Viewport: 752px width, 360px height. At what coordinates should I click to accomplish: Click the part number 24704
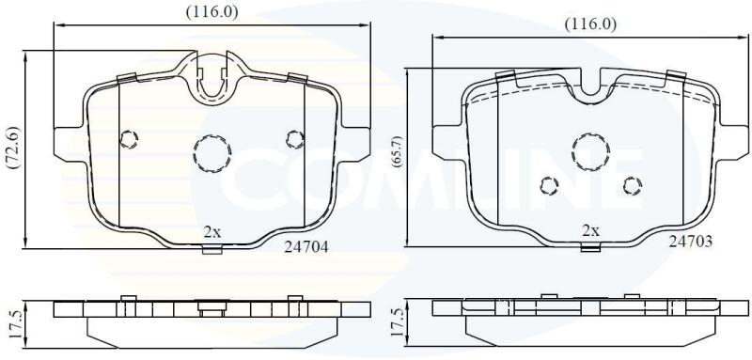(306, 247)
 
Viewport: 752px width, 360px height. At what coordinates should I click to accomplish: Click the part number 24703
(691, 242)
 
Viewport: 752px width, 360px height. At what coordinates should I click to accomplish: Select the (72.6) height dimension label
(14, 149)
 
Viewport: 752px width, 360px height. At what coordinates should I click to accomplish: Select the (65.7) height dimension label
(397, 151)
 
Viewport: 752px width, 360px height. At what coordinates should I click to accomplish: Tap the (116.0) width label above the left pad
(212, 12)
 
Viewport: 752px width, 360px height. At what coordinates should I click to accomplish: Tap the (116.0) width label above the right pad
(590, 24)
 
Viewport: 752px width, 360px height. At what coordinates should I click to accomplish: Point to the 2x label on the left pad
(212, 232)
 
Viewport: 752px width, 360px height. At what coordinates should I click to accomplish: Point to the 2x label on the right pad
(590, 231)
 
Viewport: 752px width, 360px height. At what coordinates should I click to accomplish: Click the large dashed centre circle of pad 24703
(591, 151)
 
